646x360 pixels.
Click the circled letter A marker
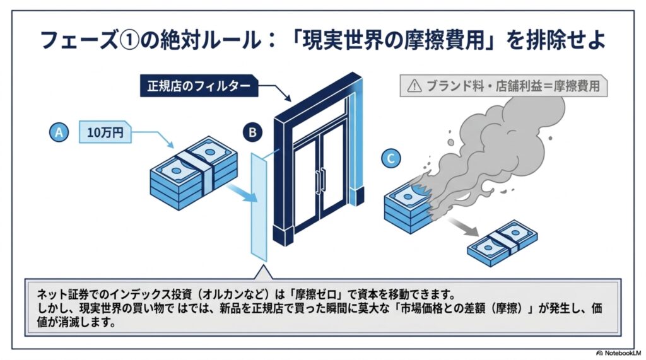[x=59, y=132]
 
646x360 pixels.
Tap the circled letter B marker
[x=252, y=132]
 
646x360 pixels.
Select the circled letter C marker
[x=391, y=158]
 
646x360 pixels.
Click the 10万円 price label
[x=105, y=132]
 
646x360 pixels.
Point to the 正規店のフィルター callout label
[x=199, y=86]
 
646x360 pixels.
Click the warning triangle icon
[x=414, y=86]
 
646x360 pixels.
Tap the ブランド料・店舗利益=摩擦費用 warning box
[x=503, y=86]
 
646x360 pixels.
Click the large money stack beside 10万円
[x=193, y=173]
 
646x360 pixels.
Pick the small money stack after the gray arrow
[x=502, y=243]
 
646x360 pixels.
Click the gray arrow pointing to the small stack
[x=463, y=226]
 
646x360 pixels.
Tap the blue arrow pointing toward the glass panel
[x=242, y=193]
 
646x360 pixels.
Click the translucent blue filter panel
[x=259, y=207]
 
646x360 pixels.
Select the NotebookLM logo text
[x=619, y=354]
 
